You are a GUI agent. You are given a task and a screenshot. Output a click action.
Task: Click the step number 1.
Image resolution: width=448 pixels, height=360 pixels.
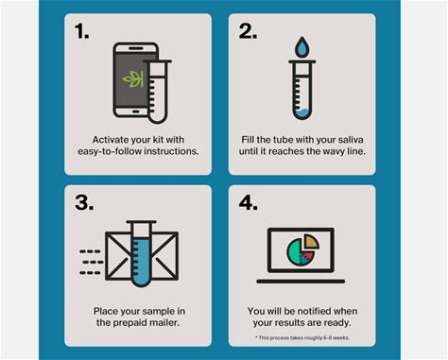point(81,31)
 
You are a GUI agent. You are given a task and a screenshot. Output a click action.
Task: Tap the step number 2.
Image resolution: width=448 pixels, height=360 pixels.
point(248,31)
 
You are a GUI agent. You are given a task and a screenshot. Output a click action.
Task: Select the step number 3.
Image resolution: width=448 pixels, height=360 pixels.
point(84,203)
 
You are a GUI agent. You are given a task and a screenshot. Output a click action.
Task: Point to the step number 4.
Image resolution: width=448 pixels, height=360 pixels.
point(249,203)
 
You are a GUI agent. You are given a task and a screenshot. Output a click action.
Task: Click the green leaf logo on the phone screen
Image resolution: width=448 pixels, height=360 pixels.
point(133,79)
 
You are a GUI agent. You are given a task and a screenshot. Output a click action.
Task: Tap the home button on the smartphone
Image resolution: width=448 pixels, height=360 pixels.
point(135,111)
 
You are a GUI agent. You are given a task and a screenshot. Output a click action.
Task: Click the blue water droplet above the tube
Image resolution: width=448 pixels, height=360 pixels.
point(302,47)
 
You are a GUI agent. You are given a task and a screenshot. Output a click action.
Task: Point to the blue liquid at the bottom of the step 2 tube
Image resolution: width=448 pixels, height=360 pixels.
point(302,113)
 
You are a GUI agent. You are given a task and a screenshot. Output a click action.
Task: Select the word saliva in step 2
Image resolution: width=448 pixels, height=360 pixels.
point(351,140)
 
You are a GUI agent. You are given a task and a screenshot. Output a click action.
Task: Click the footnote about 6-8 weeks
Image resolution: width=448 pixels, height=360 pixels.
point(302,337)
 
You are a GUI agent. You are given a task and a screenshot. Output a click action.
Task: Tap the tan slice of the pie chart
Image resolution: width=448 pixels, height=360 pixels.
point(312,242)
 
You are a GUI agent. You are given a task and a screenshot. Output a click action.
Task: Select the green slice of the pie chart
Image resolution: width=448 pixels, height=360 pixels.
point(295,251)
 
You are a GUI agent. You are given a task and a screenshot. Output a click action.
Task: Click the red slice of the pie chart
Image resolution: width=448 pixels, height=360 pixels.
point(308,256)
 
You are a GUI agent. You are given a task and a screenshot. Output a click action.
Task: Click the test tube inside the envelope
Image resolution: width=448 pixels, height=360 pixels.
point(141,253)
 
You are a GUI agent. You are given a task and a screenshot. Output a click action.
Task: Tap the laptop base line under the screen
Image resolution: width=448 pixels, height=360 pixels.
point(301,282)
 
